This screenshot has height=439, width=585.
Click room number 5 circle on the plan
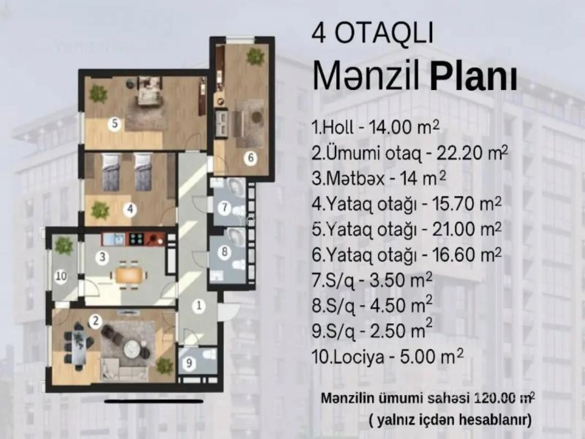[x=115, y=124]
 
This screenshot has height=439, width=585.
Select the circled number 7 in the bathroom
[x=225, y=207]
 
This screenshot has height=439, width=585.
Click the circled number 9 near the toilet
[x=189, y=364]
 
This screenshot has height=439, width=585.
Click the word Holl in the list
[x=337, y=128]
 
